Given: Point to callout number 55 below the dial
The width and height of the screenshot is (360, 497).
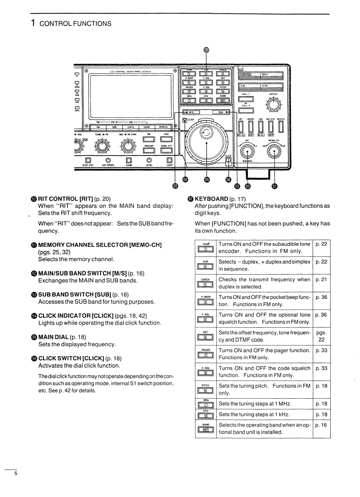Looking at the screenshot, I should pos(206,179).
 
